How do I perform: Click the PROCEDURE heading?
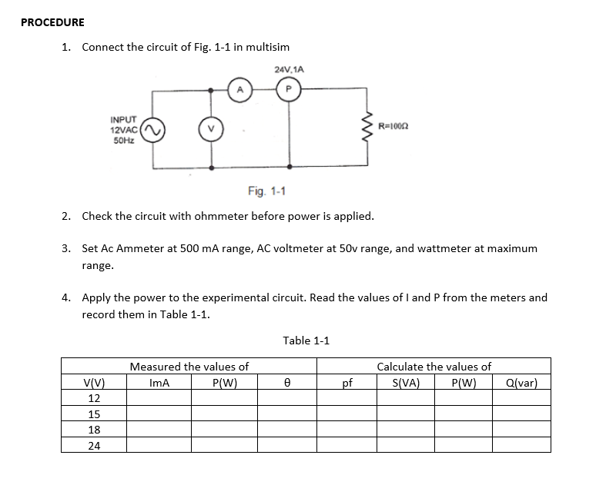52,22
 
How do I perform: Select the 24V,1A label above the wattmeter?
289,69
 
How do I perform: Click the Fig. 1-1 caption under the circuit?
267,190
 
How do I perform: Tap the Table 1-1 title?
306,340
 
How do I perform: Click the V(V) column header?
94,383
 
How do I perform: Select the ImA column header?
159,383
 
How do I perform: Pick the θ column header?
286,383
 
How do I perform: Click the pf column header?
347,383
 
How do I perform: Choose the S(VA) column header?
405,383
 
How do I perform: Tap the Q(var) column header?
521,383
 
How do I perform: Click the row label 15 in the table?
94,414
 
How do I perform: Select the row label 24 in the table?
94,445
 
